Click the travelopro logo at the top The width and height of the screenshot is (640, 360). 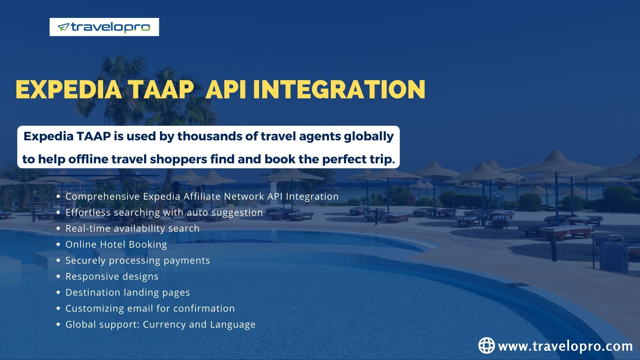[x=104, y=27]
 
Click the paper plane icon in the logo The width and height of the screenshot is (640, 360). [x=63, y=27]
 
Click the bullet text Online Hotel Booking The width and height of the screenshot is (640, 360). [x=116, y=244]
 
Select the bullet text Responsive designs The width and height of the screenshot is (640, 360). [x=112, y=276]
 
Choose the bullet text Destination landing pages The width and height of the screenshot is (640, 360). [x=127, y=292]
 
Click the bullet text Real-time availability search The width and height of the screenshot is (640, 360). [x=132, y=228]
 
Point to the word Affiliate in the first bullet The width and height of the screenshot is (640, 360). [x=202, y=196]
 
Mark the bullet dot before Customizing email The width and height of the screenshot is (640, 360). [x=59, y=309]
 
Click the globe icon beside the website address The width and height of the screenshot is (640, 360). [x=486, y=345]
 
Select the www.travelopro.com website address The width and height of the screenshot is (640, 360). [x=565, y=346]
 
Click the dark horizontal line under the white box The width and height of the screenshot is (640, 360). [x=98, y=175]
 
